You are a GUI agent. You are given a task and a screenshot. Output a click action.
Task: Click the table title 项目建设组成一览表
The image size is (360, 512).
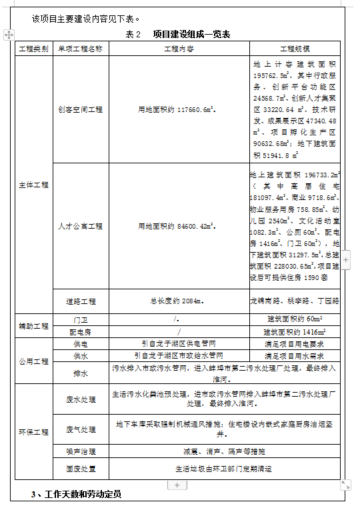tap(191, 34)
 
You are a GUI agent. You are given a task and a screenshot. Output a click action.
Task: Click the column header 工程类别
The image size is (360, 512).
tap(33, 49)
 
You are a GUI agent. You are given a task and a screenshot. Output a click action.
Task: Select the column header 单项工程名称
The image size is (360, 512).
tap(80, 49)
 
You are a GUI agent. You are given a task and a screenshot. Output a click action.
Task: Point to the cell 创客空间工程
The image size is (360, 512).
tap(80, 109)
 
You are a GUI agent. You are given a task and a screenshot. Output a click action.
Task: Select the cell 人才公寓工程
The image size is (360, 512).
tap(80, 226)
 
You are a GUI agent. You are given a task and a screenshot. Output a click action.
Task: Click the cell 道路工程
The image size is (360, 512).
tap(81, 301)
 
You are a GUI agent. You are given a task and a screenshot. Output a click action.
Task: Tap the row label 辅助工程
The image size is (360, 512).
tap(33, 326)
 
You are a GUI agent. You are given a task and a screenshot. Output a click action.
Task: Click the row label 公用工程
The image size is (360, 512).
tap(33, 361)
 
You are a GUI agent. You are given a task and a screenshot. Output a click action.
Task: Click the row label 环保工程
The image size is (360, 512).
tap(33, 432)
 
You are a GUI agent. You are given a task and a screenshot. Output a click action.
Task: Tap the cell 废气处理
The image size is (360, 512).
tap(81, 428)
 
